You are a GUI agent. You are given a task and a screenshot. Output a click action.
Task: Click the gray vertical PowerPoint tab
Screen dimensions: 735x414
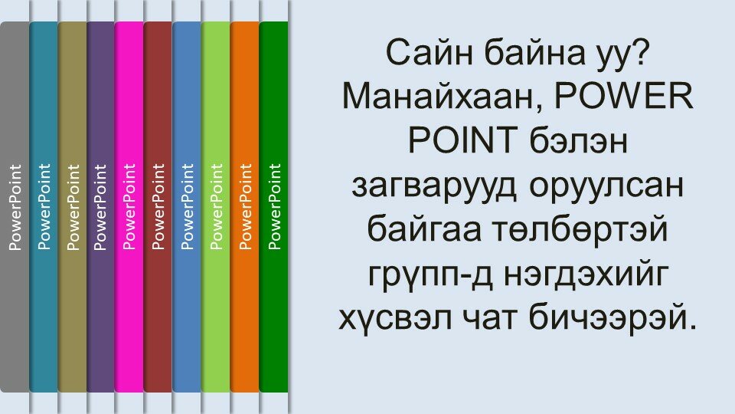click(x=15, y=206)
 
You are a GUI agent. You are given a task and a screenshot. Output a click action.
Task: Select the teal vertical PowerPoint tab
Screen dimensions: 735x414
click(x=44, y=206)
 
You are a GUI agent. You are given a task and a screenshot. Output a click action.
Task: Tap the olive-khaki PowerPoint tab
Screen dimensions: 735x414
click(x=73, y=206)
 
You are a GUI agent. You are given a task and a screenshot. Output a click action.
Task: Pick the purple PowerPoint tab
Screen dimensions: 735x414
click(x=101, y=206)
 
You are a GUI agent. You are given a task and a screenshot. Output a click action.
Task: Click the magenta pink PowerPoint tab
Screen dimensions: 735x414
click(x=129, y=206)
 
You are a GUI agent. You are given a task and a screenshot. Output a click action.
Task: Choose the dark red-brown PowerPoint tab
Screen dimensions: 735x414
click(x=158, y=206)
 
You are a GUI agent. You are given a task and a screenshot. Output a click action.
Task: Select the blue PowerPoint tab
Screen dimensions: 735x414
click(x=187, y=206)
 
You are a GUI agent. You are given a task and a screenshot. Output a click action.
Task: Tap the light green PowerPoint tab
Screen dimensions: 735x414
click(x=216, y=206)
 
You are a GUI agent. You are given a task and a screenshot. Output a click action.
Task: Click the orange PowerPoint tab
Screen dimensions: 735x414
click(x=245, y=206)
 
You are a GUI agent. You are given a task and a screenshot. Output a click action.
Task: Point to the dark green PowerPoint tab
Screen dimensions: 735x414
click(x=274, y=206)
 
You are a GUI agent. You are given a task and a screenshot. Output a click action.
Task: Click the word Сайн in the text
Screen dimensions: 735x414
click(x=429, y=53)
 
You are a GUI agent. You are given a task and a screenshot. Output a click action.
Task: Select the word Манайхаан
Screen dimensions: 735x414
click(x=443, y=97)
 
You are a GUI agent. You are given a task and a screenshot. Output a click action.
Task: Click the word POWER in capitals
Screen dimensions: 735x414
click(x=624, y=96)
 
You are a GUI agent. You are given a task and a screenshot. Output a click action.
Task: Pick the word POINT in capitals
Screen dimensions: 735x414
click(x=462, y=140)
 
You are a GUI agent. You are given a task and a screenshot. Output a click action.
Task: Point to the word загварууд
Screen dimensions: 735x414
click(x=434, y=186)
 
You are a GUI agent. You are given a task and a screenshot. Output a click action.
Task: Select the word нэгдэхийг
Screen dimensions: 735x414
click(x=586, y=274)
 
